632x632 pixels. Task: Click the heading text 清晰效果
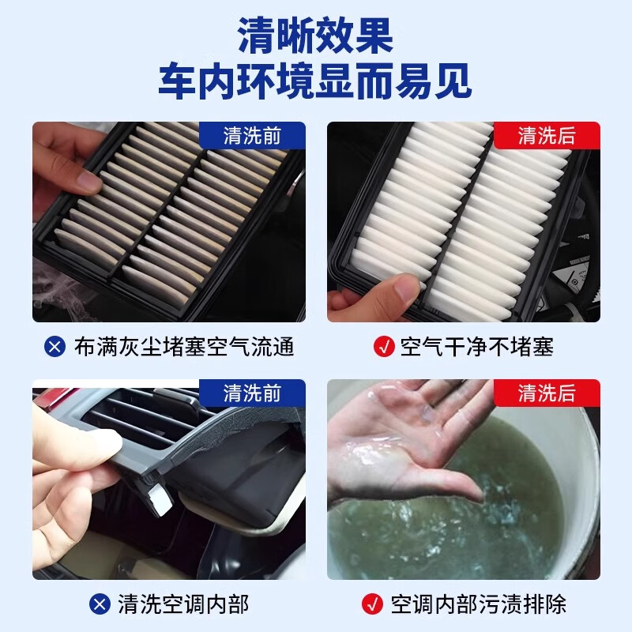coord(315,36)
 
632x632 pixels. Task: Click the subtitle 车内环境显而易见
coord(315,81)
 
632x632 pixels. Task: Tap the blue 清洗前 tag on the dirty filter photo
coord(252,136)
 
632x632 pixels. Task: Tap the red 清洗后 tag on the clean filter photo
coord(547,136)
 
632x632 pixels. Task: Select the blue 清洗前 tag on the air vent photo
coord(252,393)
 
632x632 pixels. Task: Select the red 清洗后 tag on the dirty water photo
coord(547,393)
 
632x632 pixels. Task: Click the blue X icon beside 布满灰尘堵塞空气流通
coord(55,346)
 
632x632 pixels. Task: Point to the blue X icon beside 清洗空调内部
coord(100,604)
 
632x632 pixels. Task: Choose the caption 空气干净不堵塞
coord(476,346)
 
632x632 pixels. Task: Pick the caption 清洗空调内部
coord(182,604)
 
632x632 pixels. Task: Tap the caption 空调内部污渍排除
coord(479,604)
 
